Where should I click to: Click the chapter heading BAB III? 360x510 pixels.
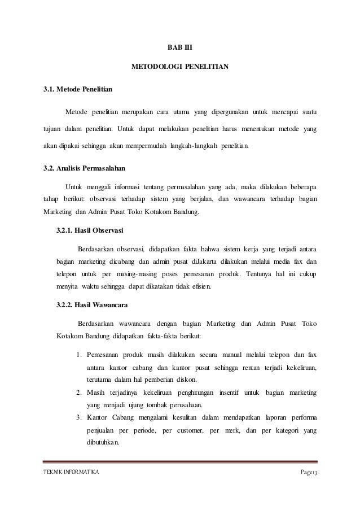179,48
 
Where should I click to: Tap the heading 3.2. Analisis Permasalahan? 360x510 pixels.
85,168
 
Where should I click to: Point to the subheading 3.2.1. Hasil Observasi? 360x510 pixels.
91,230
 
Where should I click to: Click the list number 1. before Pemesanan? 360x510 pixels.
79,355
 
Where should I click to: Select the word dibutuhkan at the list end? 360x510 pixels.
103,442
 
